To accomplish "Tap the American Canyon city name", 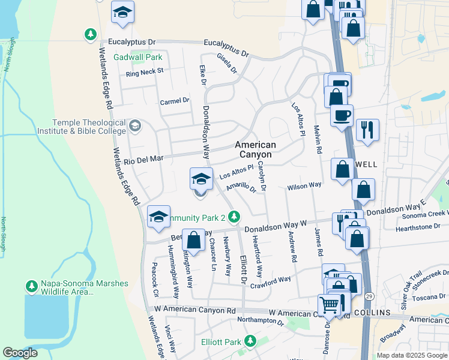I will pyautogui.click(x=255, y=149).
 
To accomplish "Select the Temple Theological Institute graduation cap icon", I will pyautogui.click(x=135, y=126).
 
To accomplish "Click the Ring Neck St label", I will pyautogui.click(x=144, y=72).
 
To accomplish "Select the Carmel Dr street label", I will pyautogui.click(x=174, y=101).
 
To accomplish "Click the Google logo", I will pyautogui.click(x=20, y=353).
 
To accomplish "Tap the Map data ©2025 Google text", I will pyautogui.click(x=412, y=355).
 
